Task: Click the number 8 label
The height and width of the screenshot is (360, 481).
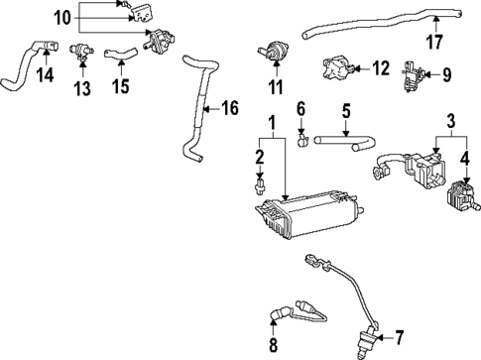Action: click(x=275, y=344)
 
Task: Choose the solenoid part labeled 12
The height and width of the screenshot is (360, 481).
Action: click(x=335, y=69)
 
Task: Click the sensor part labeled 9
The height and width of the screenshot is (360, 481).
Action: click(x=409, y=74)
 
